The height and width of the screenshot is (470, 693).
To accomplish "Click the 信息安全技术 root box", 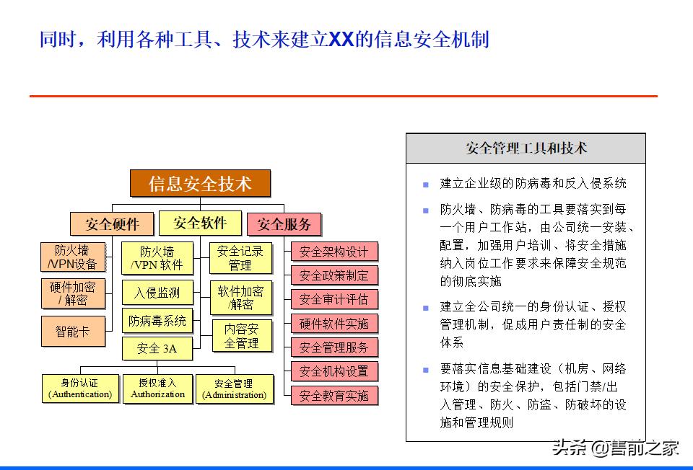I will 200,184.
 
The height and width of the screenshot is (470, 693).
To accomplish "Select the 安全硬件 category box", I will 112,223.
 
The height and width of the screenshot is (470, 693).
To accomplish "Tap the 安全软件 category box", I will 200,223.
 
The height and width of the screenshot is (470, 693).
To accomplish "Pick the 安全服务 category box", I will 284,224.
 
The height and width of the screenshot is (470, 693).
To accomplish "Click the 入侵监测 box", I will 157,293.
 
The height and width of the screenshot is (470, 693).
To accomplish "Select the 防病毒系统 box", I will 157,320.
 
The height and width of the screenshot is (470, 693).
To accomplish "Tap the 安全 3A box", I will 157,349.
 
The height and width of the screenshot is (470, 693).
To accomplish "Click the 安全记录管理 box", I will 240,258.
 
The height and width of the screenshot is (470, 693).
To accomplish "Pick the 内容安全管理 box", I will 240,336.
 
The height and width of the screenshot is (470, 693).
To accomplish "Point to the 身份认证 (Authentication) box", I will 80,389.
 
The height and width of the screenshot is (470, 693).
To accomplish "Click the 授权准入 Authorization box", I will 157,389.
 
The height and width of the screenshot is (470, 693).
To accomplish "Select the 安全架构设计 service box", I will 334,252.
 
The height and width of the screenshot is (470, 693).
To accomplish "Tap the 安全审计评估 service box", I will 334,299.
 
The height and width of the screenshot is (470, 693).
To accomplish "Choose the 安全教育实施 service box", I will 334,395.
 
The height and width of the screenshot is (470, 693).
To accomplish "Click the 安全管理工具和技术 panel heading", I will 526,148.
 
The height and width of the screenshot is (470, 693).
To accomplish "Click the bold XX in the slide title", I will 341,40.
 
